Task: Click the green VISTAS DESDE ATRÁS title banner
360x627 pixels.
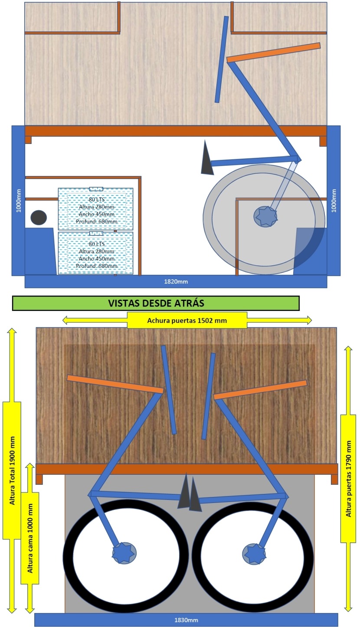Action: pos(156,303)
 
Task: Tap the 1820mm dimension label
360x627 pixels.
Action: pos(176,281)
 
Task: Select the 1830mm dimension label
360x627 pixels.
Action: pos(186,620)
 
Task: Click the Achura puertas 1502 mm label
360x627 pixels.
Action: pos(187,320)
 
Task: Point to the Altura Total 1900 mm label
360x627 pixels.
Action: pos(12,470)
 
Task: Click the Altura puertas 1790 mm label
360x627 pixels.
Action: pos(348,479)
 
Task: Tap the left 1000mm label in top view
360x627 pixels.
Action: pos(19,201)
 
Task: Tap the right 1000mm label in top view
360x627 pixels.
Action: pos(334,201)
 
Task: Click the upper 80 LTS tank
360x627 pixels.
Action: pos(95,209)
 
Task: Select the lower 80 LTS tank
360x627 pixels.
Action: pos(95,253)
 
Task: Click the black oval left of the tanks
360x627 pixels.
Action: pos(39,217)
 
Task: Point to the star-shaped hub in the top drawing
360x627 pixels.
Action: pos(265,216)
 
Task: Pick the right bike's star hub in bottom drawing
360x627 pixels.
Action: pos(254,554)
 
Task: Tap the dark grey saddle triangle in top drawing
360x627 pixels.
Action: pos(206,158)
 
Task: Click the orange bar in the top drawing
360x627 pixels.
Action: pos(274,52)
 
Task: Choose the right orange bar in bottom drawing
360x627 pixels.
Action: pos(260,389)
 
